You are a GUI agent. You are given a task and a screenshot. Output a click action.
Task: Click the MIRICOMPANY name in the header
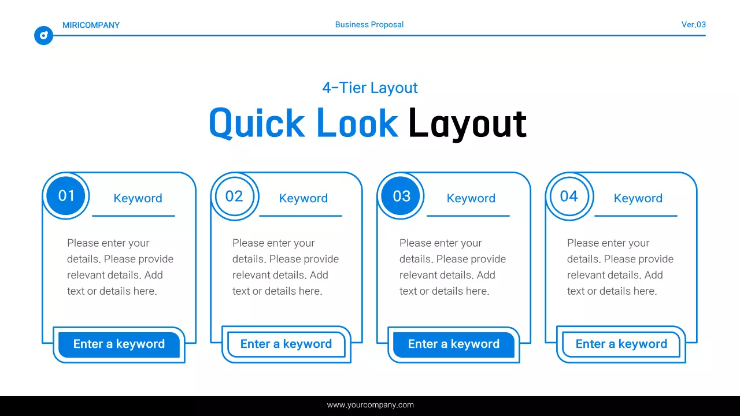[x=91, y=25]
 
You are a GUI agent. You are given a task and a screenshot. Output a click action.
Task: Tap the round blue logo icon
[x=43, y=35]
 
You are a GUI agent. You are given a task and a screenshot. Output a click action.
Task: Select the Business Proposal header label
[x=369, y=25]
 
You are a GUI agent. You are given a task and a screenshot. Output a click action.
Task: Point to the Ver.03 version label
[x=693, y=25]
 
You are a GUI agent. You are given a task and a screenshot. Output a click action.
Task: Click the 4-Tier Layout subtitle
[x=370, y=88]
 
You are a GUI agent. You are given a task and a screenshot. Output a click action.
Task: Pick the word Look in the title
[x=357, y=123]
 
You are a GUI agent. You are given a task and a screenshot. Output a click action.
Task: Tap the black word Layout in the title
[x=467, y=123]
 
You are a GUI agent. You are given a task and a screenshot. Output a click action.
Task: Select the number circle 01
[x=66, y=196]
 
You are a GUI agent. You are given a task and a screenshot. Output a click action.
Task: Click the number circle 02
[x=234, y=196]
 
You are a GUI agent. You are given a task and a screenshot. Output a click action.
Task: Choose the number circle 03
[x=402, y=196]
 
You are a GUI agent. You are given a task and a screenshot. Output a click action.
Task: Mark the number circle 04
[x=569, y=196]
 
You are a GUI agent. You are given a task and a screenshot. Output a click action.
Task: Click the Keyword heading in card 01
[x=138, y=198]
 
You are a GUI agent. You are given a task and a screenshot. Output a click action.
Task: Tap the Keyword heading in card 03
[x=471, y=198]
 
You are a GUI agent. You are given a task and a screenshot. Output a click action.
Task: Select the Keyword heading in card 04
[x=638, y=198]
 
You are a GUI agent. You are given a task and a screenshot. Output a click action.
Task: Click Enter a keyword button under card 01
[x=119, y=344]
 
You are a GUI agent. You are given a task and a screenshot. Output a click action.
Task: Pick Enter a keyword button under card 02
[x=286, y=344]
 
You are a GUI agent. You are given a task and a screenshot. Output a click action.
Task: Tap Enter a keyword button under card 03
[x=454, y=344]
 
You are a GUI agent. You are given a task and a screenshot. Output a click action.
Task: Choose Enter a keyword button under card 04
[x=621, y=344]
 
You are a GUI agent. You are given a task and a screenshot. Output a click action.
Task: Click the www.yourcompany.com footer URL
[x=370, y=405]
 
